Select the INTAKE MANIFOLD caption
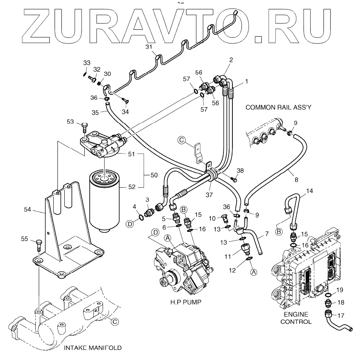click(x=92, y=348)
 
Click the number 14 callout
click(x=310, y=191)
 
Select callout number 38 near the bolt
click(x=241, y=171)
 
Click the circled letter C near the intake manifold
click(x=115, y=322)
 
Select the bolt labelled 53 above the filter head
click(x=84, y=127)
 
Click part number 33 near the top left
click(x=87, y=63)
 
